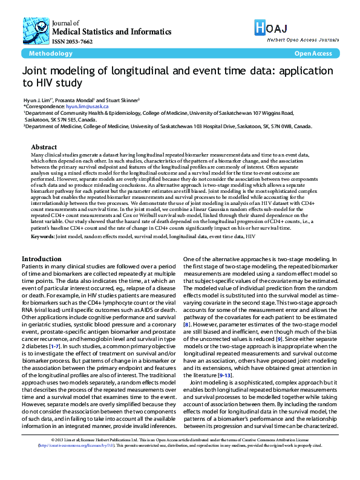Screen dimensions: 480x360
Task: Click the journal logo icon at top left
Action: pos(37,26)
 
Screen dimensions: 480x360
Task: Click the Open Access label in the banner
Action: pos(313,53)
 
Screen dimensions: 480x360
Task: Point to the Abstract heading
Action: pos(44,147)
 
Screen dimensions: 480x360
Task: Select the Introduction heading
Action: pos(41,259)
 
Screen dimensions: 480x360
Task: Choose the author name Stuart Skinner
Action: pos(121,99)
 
